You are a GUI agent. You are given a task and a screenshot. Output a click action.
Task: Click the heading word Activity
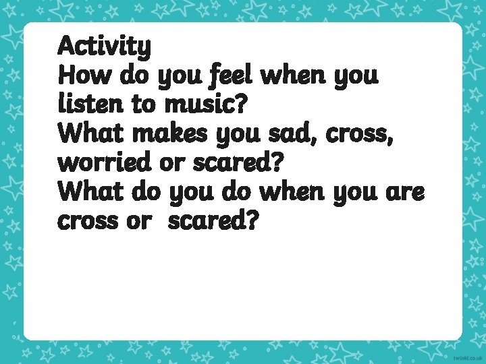pos(105,47)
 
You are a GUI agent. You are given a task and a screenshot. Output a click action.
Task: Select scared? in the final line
pos(212,221)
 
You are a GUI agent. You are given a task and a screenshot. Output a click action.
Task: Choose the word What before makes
pos(92,133)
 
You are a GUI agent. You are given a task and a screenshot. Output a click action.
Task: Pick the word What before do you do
pos(92,192)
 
